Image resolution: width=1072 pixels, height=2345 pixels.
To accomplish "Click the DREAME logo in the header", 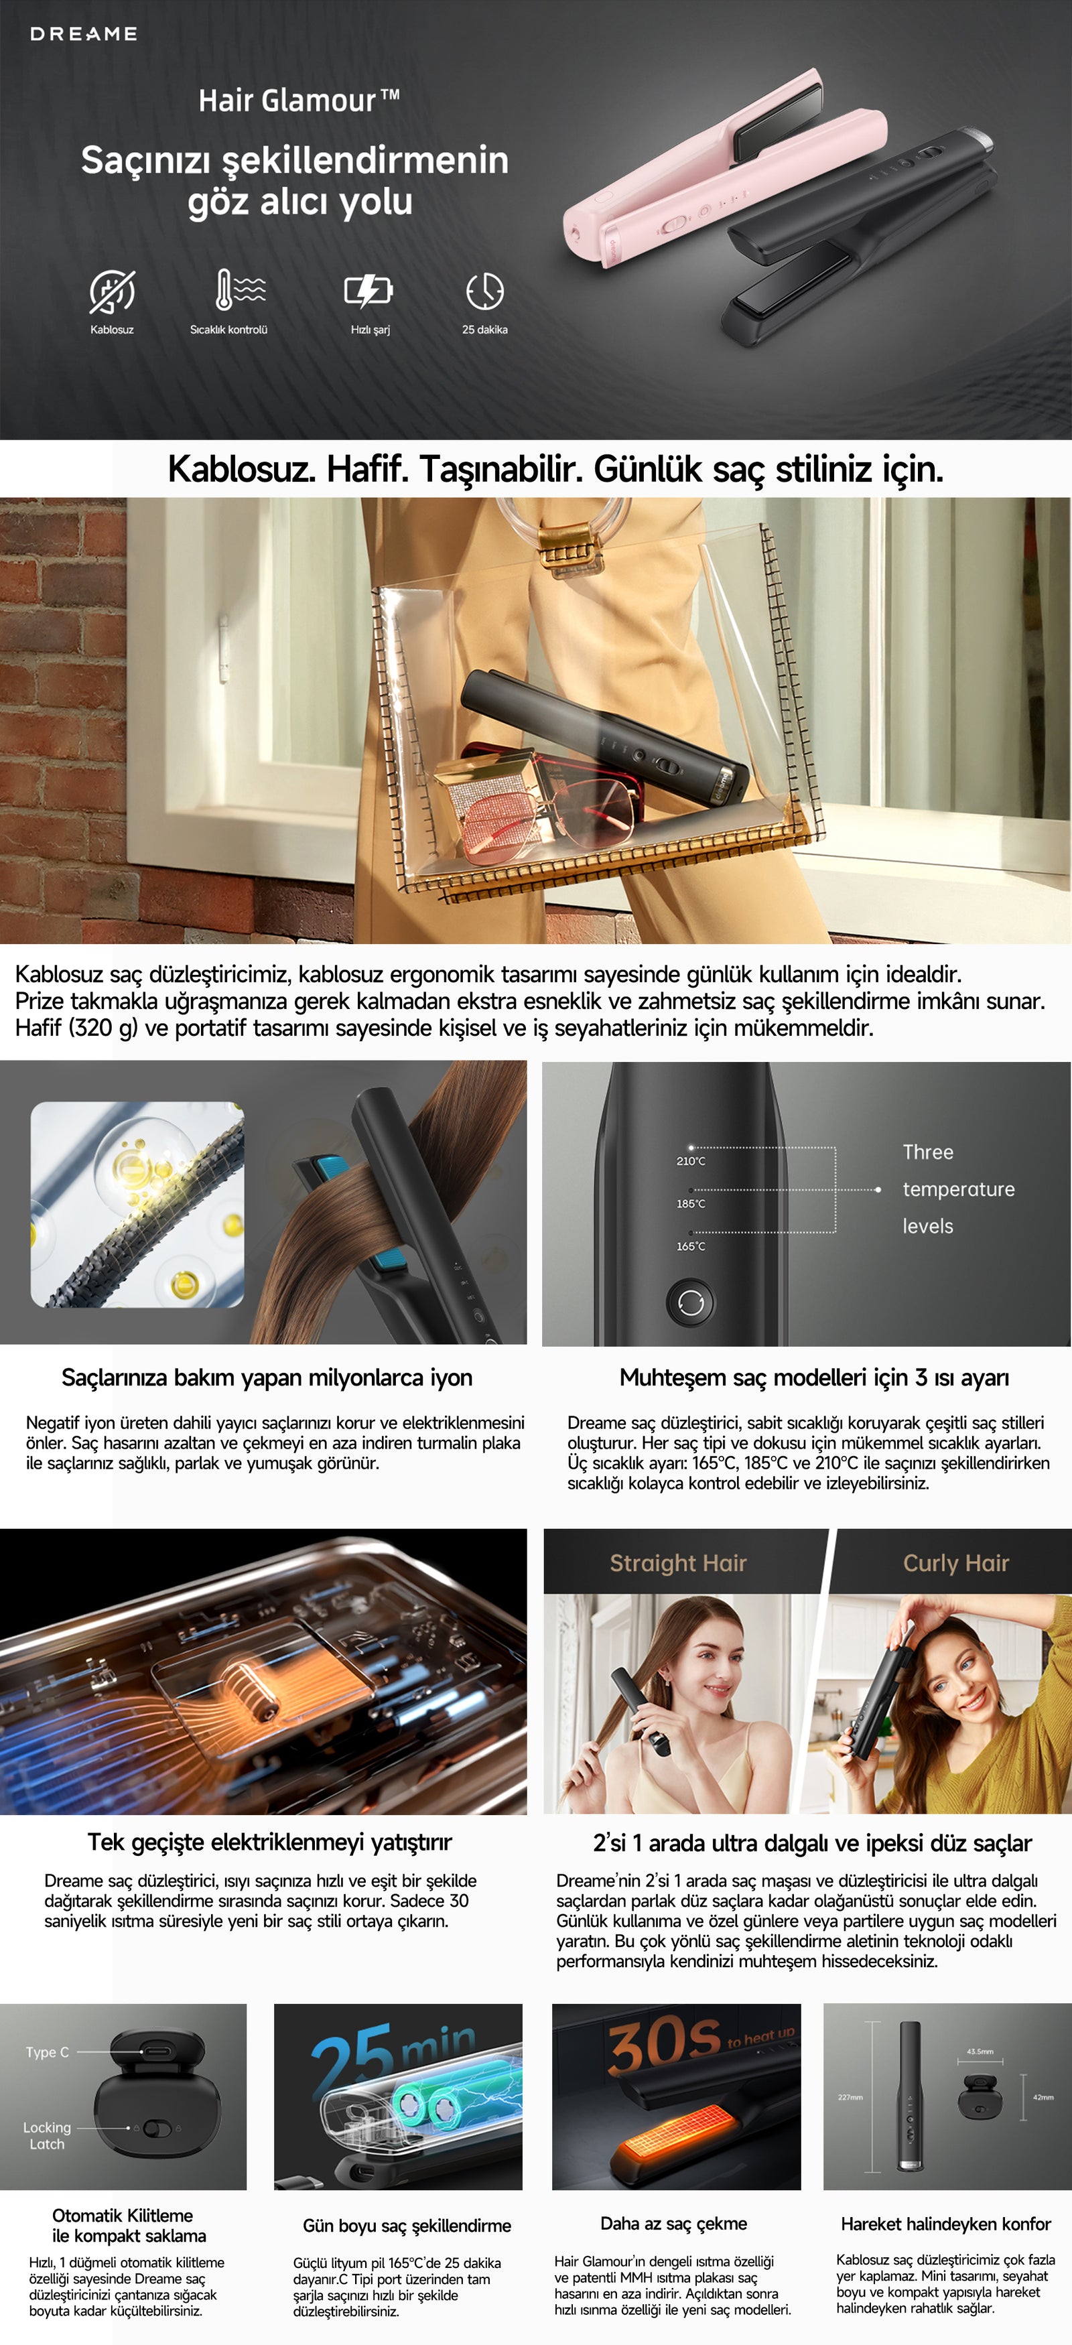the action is point(84,33).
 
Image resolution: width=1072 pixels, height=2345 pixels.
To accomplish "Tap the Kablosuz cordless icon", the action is point(112,291).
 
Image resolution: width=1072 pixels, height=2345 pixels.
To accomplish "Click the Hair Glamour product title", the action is point(299,99).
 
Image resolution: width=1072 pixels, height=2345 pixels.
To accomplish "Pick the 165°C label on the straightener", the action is point(691,1246).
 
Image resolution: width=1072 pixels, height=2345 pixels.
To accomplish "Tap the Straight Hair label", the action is point(678,1563).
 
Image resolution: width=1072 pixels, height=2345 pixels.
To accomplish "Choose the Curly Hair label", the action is point(955,1563).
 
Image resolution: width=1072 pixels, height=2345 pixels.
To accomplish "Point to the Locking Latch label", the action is point(48,2136).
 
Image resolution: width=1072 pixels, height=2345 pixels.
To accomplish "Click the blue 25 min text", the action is point(394,2056).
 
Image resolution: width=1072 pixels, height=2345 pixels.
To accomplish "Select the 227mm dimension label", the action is point(850,2097).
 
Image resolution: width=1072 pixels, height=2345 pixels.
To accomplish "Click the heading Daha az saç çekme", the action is point(673,2223).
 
